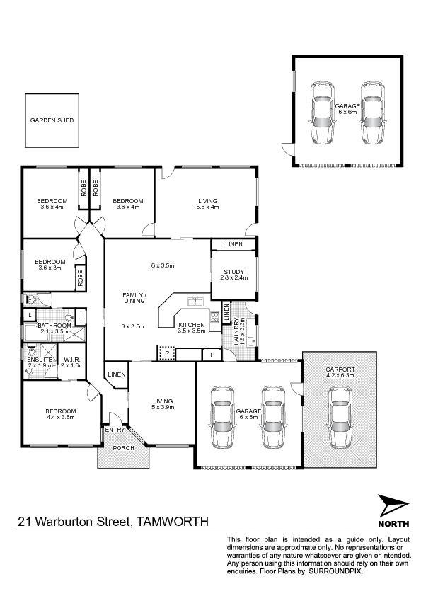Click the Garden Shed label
pos(52,120)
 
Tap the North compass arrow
pos(393,506)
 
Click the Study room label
pos(233,272)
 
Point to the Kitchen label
pos(192,325)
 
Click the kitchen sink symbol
pos(195,302)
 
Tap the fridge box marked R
pos(167,353)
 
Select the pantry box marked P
pos(213,355)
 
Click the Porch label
pos(124,448)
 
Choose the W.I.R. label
pos(72,359)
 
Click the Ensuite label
pos(40,360)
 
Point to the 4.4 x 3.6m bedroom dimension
pos(61,417)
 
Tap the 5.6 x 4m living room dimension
pos(207,207)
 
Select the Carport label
pos(340,369)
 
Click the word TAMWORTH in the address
pos(173,521)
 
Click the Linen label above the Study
pos(233,244)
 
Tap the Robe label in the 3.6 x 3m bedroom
pos(80,278)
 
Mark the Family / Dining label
pos(134,298)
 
